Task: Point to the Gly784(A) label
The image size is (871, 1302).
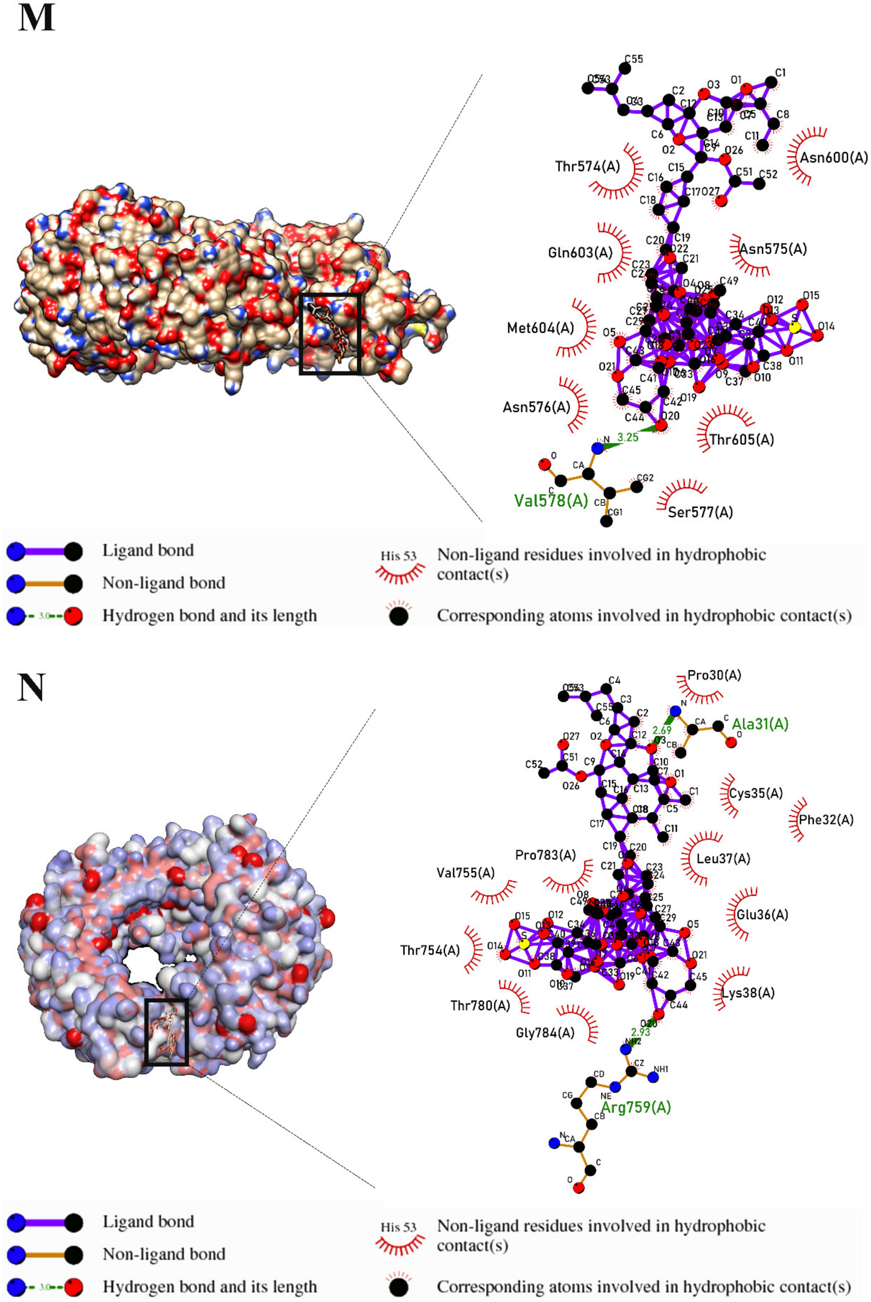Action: (x=545, y=1033)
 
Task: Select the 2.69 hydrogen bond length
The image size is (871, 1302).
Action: (x=661, y=730)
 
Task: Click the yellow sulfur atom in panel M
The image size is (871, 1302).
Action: (x=794, y=327)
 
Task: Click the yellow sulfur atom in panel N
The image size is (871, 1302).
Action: (x=523, y=944)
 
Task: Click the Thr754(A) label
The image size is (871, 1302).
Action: (x=430, y=950)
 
